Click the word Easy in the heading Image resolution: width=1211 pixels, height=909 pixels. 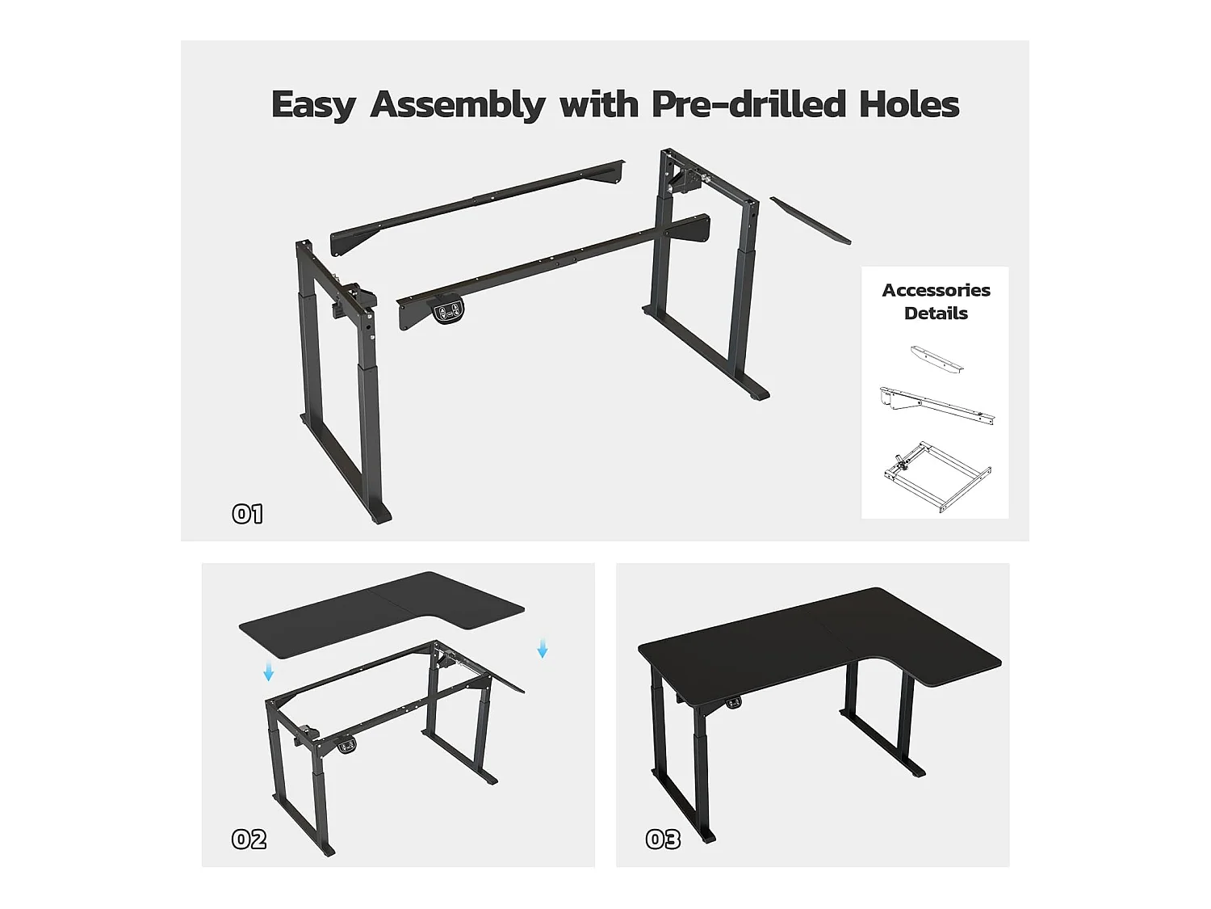tap(313, 105)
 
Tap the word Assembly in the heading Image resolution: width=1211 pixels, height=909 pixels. tap(458, 105)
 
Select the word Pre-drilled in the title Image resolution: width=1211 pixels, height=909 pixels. tap(748, 104)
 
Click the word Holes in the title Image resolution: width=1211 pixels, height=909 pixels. tap(909, 104)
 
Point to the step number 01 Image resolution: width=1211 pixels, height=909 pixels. tap(247, 514)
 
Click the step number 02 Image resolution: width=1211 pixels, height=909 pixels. tap(249, 840)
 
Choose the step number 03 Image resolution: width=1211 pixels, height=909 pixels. tap(663, 840)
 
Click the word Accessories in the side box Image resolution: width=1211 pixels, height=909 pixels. tap(936, 290)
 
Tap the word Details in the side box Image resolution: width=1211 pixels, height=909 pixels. tap(936, 314)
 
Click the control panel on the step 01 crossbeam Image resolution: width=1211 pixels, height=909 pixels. tap(448, 312)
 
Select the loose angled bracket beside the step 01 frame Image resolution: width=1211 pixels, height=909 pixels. tap(811, 220)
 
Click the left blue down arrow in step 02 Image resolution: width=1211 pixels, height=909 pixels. tap(269, 671)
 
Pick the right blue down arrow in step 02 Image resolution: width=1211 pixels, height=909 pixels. tap(543, 648)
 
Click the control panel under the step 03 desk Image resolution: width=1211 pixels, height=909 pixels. tap(734, 702)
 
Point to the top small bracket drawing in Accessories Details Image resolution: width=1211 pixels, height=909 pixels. tap(937, 360)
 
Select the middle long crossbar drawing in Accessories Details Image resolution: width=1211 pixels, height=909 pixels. tap(937, 405)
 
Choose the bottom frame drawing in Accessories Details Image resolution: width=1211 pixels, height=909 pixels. tap(937, 477)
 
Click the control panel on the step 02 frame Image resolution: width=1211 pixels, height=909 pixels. tap(347, 746)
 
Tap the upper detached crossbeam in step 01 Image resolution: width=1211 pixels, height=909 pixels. tap(478, 208)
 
